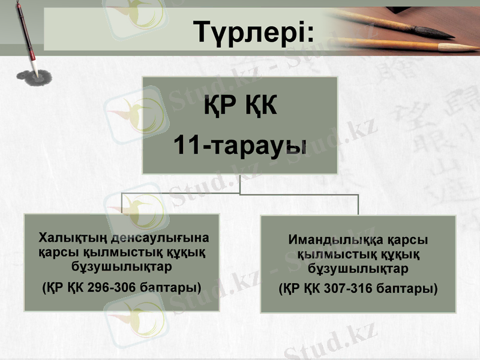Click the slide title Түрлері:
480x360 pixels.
coord(254,32)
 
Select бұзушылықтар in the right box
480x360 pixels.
coord(358,268)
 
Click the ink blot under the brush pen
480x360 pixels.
coord(34,77)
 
